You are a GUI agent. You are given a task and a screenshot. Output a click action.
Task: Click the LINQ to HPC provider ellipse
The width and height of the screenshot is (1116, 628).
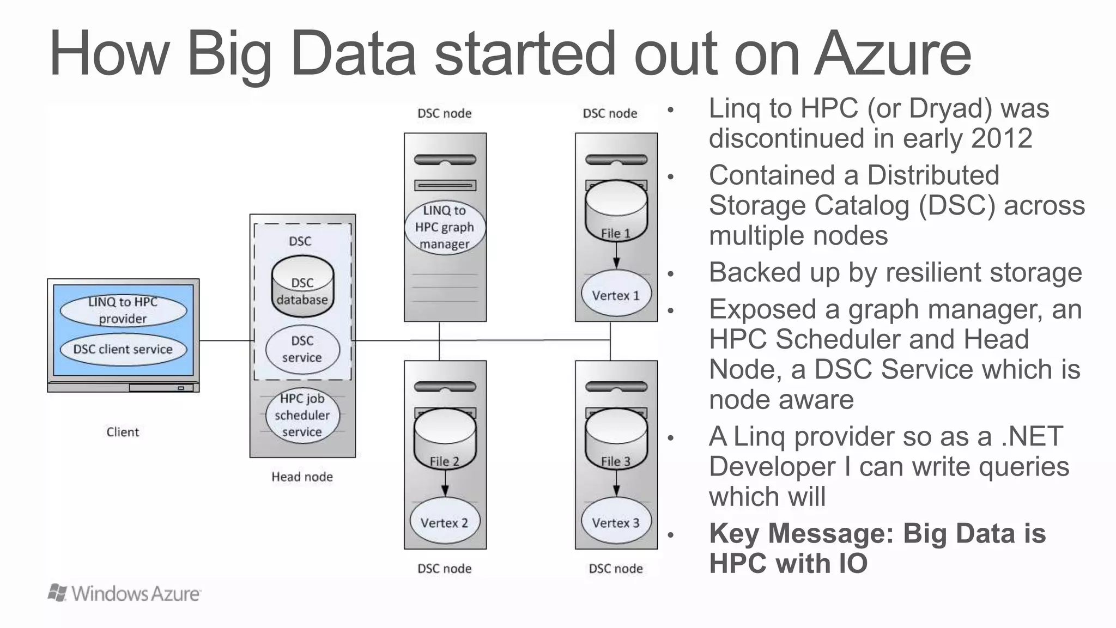[123, 310]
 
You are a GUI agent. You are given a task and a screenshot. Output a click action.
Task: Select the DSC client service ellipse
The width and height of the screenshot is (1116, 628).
[123, 349]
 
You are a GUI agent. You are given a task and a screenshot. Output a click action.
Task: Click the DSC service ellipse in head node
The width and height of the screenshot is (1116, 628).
[302, 349]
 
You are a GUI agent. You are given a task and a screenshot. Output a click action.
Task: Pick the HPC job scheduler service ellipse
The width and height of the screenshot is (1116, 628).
[302, 415]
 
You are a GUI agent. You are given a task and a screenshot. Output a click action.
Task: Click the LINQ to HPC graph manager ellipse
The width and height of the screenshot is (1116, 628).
[445, 227]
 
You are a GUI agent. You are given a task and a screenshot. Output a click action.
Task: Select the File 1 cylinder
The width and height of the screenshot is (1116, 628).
[616, 212]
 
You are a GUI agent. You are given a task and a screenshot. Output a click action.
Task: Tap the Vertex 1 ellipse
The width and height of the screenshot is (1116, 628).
[616, 295]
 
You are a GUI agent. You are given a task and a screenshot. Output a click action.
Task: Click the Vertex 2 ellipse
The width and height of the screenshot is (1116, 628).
[445, 522]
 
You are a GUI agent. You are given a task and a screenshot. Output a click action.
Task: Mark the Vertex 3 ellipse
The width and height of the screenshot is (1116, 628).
[616, 522]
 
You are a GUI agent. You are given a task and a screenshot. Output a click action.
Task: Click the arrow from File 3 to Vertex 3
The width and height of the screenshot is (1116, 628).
[616, 483]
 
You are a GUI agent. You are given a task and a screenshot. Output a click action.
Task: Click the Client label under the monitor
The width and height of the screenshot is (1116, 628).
[123, 432]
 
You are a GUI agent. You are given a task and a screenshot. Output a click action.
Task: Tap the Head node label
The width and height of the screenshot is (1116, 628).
[302, 477]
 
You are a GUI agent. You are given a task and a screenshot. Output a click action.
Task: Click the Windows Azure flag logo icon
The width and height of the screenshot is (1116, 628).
[58, 593]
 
